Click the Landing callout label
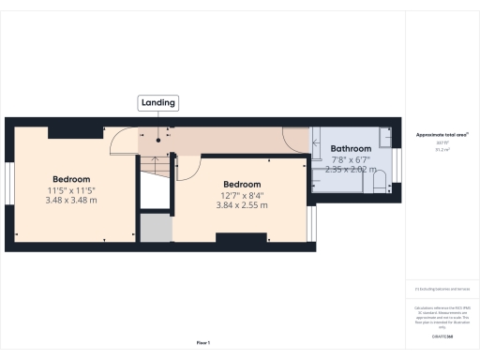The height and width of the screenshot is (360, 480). [x=157, y=102]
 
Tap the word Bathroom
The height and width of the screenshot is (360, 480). [x=351, y=149]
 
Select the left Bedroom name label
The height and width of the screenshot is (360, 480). [x=71, y=179]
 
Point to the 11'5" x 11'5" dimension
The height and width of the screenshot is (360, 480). [x=71, y=191]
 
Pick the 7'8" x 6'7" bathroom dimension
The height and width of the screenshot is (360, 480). [x=351, y=160]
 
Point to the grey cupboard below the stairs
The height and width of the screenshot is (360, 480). [x=155, y=228]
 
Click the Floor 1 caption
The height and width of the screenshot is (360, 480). [x=203, y=343]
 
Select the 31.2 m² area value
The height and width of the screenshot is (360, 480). [x=442, y=148]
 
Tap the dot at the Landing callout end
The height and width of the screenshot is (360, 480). [x=157, y=140]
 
